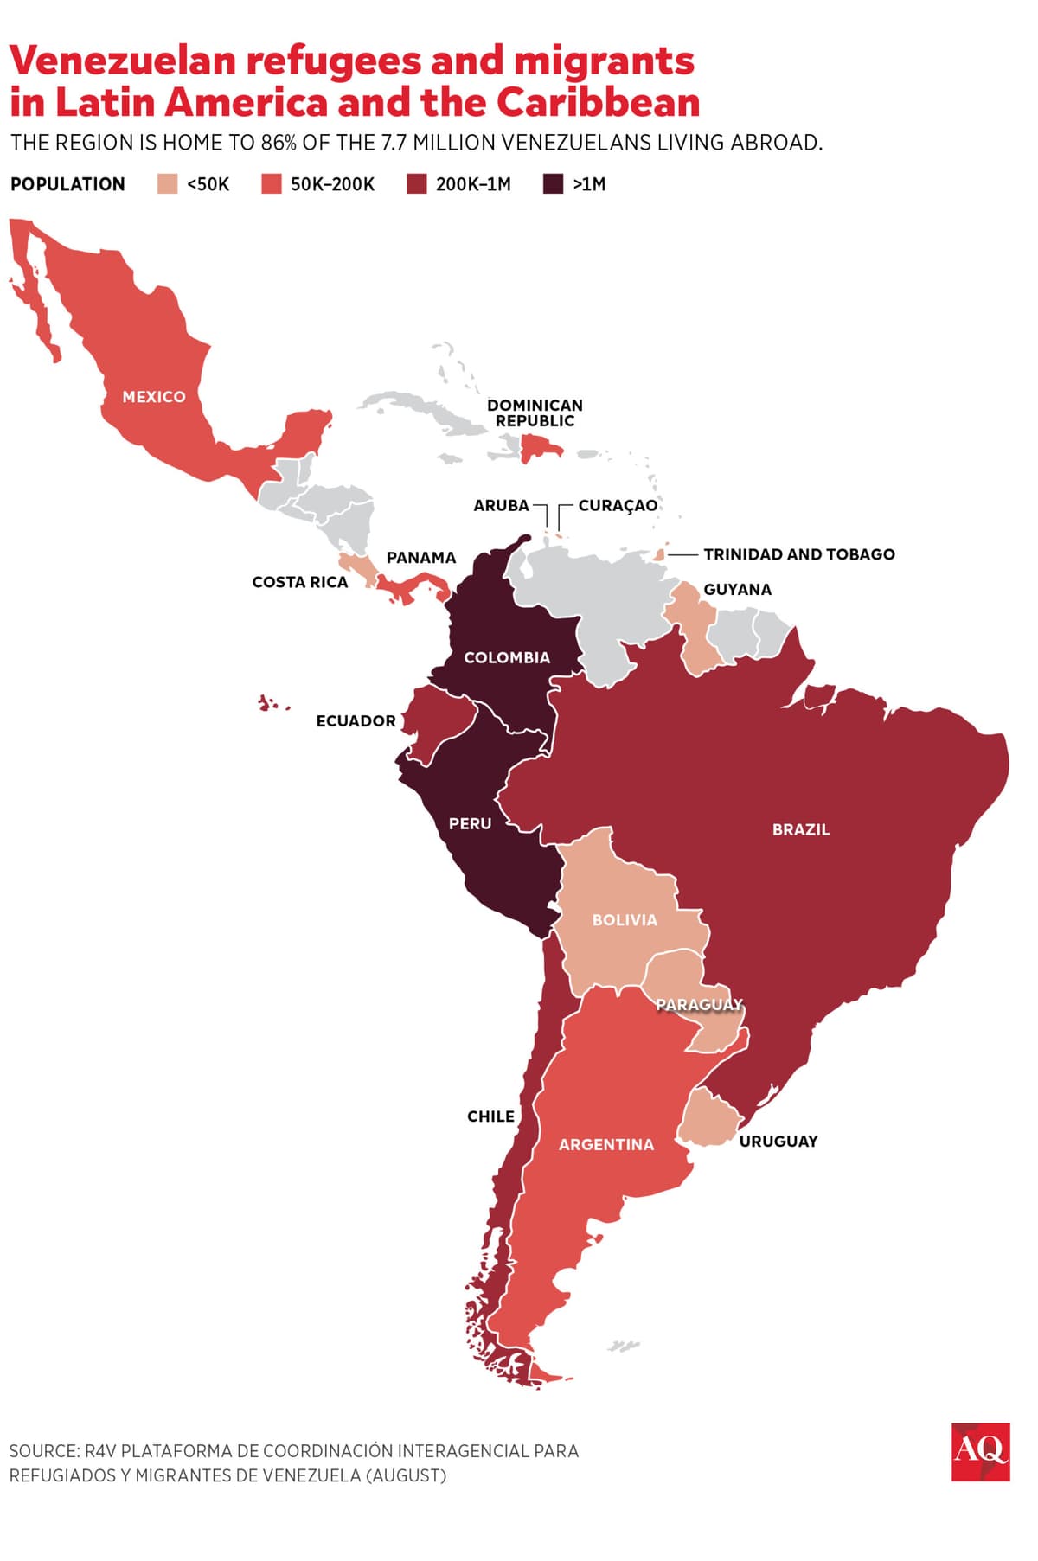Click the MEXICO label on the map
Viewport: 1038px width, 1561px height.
click(154, 397)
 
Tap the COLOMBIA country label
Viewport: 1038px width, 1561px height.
click(507, 658)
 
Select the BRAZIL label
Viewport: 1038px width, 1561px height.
click(800, 829)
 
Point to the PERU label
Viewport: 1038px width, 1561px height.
click(470, 824)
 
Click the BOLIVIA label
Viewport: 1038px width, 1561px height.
click(625, 920)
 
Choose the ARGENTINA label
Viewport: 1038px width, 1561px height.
click(605, 1145)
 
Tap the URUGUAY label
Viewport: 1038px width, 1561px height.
click(778, 1142)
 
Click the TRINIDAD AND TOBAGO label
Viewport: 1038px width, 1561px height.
click(798, 554)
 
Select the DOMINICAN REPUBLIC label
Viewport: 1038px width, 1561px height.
click(535, 413)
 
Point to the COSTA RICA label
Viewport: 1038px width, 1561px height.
click(299, 583)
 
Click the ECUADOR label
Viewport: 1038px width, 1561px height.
click(356, 721)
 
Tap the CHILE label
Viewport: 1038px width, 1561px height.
click(490, 1116)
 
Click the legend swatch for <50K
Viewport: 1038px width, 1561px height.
click(168, 184)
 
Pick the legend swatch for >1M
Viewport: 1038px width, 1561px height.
click(553, 184)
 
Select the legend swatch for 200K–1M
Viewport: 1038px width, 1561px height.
click(417, 184)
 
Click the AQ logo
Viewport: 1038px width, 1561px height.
click(980, 1452)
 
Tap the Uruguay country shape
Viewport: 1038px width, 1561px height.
click(708, 1121)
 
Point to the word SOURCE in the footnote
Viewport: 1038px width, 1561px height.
click(43, 1451)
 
